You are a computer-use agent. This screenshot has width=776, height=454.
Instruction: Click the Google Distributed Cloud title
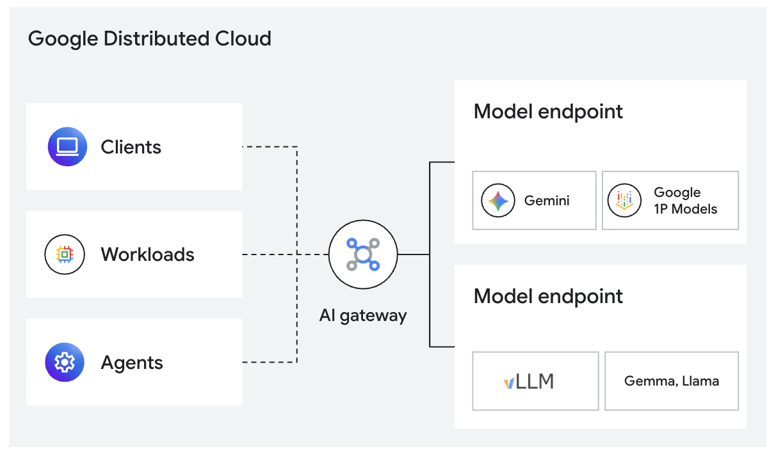point(150,38)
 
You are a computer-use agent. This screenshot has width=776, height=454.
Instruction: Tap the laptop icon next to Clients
point(67,147)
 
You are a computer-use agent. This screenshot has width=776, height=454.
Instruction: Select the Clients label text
point(131,147)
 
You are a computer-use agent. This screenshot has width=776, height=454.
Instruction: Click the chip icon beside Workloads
point(64,254)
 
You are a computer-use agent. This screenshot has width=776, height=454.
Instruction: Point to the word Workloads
point(147,254)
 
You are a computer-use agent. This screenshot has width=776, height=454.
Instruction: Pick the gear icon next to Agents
point(64,363)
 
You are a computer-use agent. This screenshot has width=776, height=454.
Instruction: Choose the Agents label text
point(132,363)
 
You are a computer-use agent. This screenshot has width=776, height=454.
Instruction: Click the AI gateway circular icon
point(363,254)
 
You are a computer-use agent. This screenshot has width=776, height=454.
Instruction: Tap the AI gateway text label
point(363,315)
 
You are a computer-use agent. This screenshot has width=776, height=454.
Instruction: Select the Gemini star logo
point(498,201)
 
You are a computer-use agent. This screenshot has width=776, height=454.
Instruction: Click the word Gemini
point(547,201)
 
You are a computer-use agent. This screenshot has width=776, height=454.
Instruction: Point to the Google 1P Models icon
point(624,201)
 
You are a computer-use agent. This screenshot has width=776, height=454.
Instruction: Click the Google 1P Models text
point(685,201)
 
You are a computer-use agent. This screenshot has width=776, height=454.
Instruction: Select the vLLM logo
point(529,382)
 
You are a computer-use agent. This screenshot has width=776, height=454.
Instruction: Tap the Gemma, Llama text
point(671,381)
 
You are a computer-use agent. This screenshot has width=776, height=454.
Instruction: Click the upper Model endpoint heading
point(548,111)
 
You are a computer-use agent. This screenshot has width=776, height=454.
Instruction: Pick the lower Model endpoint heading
point(548,296)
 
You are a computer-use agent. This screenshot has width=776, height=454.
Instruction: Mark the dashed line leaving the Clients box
point(269,147)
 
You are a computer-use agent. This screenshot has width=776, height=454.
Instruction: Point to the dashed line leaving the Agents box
point(269,363)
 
